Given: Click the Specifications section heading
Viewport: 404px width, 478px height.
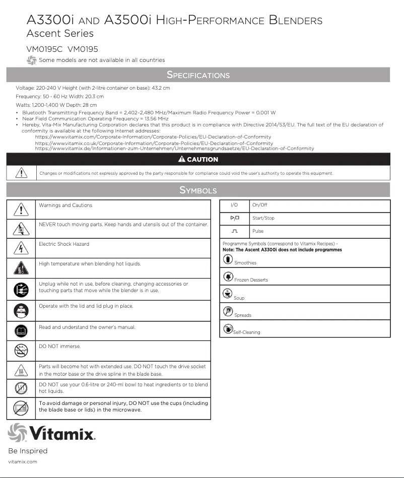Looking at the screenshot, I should (198, 75).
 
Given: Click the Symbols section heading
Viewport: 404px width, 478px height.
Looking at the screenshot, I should (198, 190).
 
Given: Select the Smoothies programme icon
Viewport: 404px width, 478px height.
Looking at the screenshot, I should (228, 259).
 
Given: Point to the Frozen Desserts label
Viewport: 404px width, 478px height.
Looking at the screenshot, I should (251, 280).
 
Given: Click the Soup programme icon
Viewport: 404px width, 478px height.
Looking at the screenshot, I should (227, 294).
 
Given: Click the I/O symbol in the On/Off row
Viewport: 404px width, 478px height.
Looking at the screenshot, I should (234, 205).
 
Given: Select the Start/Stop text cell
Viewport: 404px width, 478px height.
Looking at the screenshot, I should (263, 218).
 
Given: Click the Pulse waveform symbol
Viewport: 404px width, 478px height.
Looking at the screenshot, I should (234, 231).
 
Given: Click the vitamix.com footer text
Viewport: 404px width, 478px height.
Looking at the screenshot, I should (23, 461).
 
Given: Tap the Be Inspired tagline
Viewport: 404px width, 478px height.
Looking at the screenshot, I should (28, 451).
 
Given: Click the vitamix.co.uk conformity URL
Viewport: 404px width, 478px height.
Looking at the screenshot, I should (154, 143).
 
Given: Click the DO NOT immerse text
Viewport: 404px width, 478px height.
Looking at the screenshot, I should (59, 347).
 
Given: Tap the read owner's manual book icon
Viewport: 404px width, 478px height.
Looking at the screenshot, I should (21, 331).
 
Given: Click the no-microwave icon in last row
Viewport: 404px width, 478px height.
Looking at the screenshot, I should (21, 408).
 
